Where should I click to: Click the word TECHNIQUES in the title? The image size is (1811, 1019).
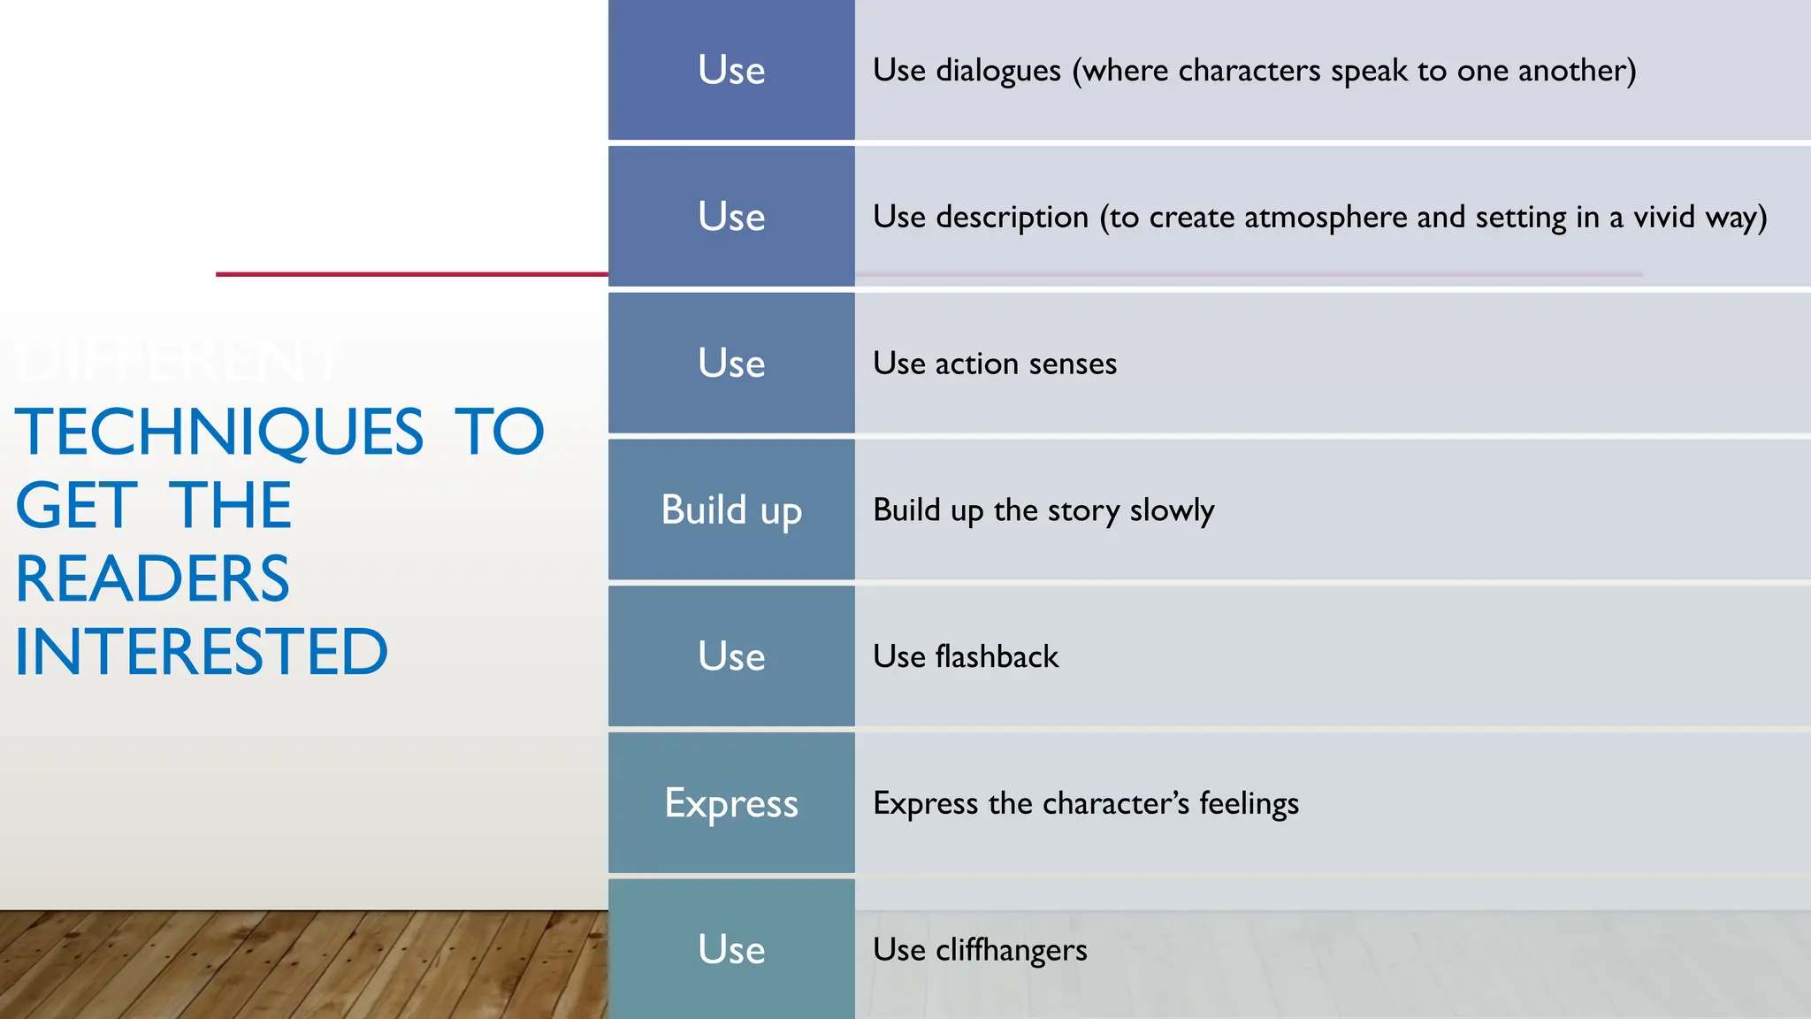219,432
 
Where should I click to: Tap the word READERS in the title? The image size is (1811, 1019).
152,579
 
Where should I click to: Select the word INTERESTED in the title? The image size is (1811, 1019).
201,653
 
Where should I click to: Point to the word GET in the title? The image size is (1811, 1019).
77,506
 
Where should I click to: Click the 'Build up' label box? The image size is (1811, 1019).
731,510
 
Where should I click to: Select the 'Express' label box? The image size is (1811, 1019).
731,803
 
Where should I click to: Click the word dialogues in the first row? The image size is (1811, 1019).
997,71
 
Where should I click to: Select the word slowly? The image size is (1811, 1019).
1172,510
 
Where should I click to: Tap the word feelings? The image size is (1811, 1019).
1249,803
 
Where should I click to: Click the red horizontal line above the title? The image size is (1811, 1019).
411,274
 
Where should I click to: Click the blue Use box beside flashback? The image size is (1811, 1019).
731,656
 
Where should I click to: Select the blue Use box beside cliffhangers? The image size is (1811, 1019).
731,949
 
